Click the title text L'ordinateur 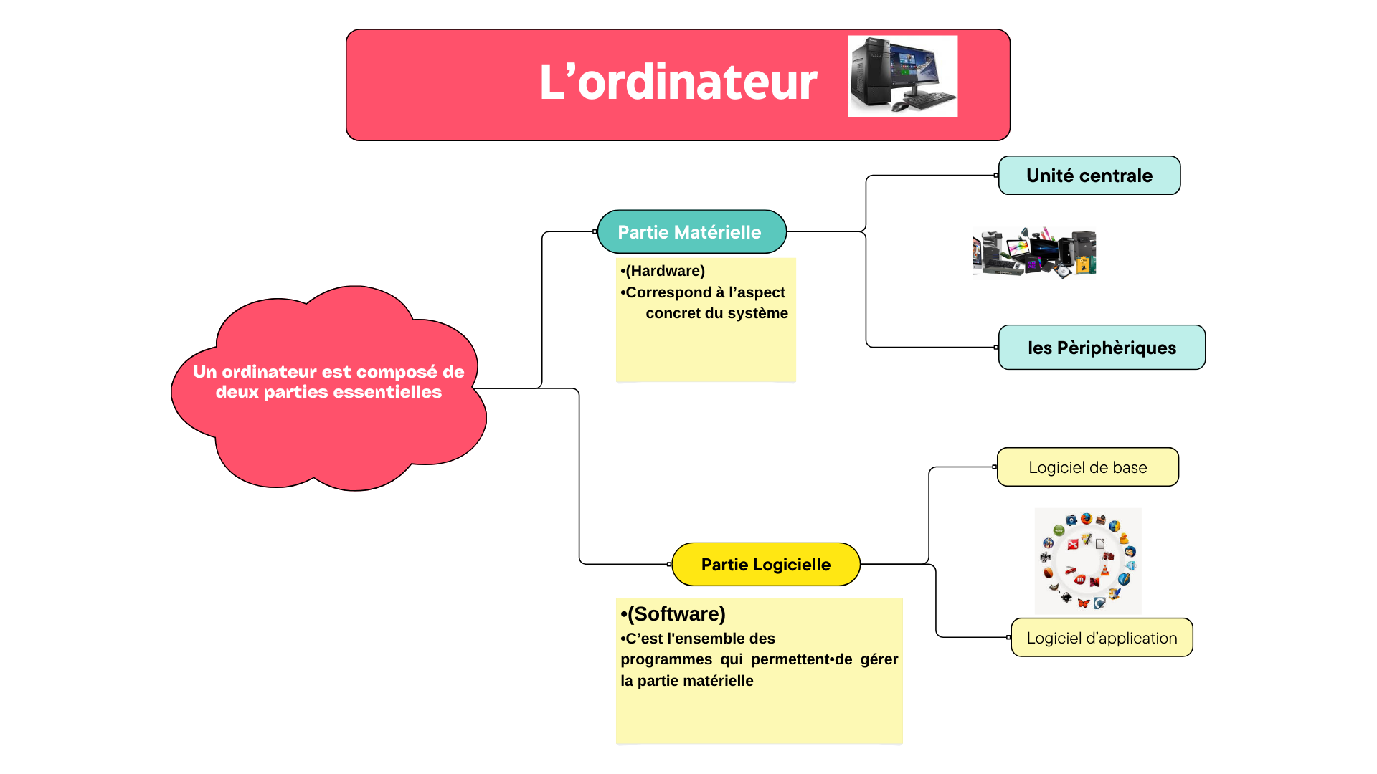click(x=678, y=82)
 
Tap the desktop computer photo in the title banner click(x=902, y=76)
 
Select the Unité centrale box click(x=1089, y=176)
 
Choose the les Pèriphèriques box click(x=1102, y=348)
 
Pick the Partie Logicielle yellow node click(x=766, y=565)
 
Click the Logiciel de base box click(x=1087, y=467)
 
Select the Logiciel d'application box click(x=1102, y=638)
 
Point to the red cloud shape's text click(x=328, y=382)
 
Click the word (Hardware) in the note click(x=666, y=271)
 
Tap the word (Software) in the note click(x=676, y=614)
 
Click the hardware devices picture click(x=1034, y=252)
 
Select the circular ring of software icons click(x=1088, y=561)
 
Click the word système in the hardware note click(x=761, y=313)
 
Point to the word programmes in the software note click(x=666, y=659)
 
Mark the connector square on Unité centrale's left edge click(x=996, y=176)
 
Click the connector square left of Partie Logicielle click(x=669, y=565)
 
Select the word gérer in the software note click(x=879, y=659)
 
